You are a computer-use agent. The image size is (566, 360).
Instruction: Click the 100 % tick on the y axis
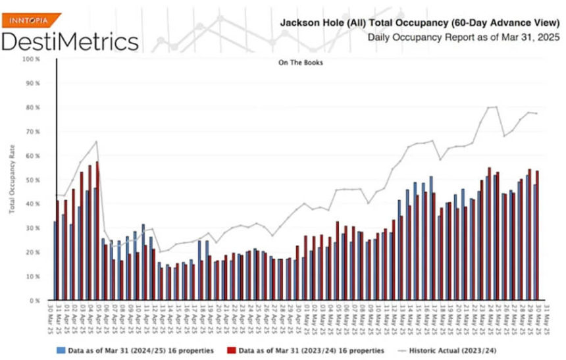coord(32,59)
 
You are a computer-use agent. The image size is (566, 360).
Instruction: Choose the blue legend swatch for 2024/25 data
coord(60,349)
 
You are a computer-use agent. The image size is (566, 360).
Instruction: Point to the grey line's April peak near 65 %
coord(97,141)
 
